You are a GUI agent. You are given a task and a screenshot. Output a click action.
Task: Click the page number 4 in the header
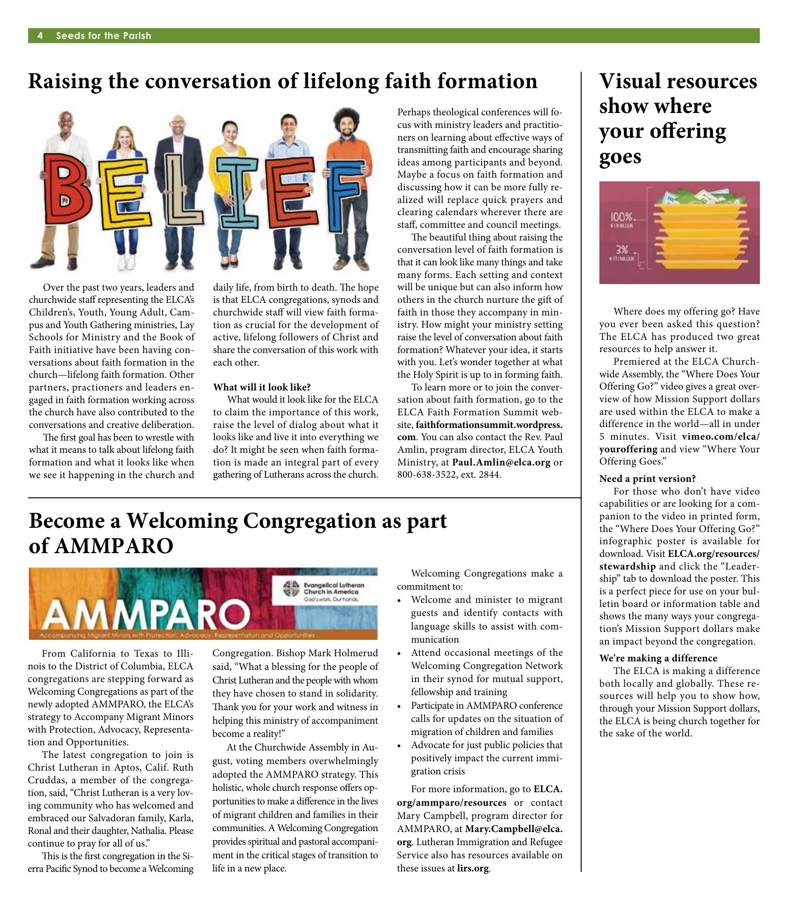pos(40,36)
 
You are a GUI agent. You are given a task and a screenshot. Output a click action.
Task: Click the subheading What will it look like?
pos(262,388)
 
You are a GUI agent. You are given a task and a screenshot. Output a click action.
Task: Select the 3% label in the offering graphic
pos(622,249)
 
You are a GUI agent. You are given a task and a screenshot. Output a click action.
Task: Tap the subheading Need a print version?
pos(647,479)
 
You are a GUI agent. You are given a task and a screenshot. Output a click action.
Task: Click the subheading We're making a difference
pos(658,658)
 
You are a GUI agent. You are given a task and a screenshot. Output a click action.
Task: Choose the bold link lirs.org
pos(473,868)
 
